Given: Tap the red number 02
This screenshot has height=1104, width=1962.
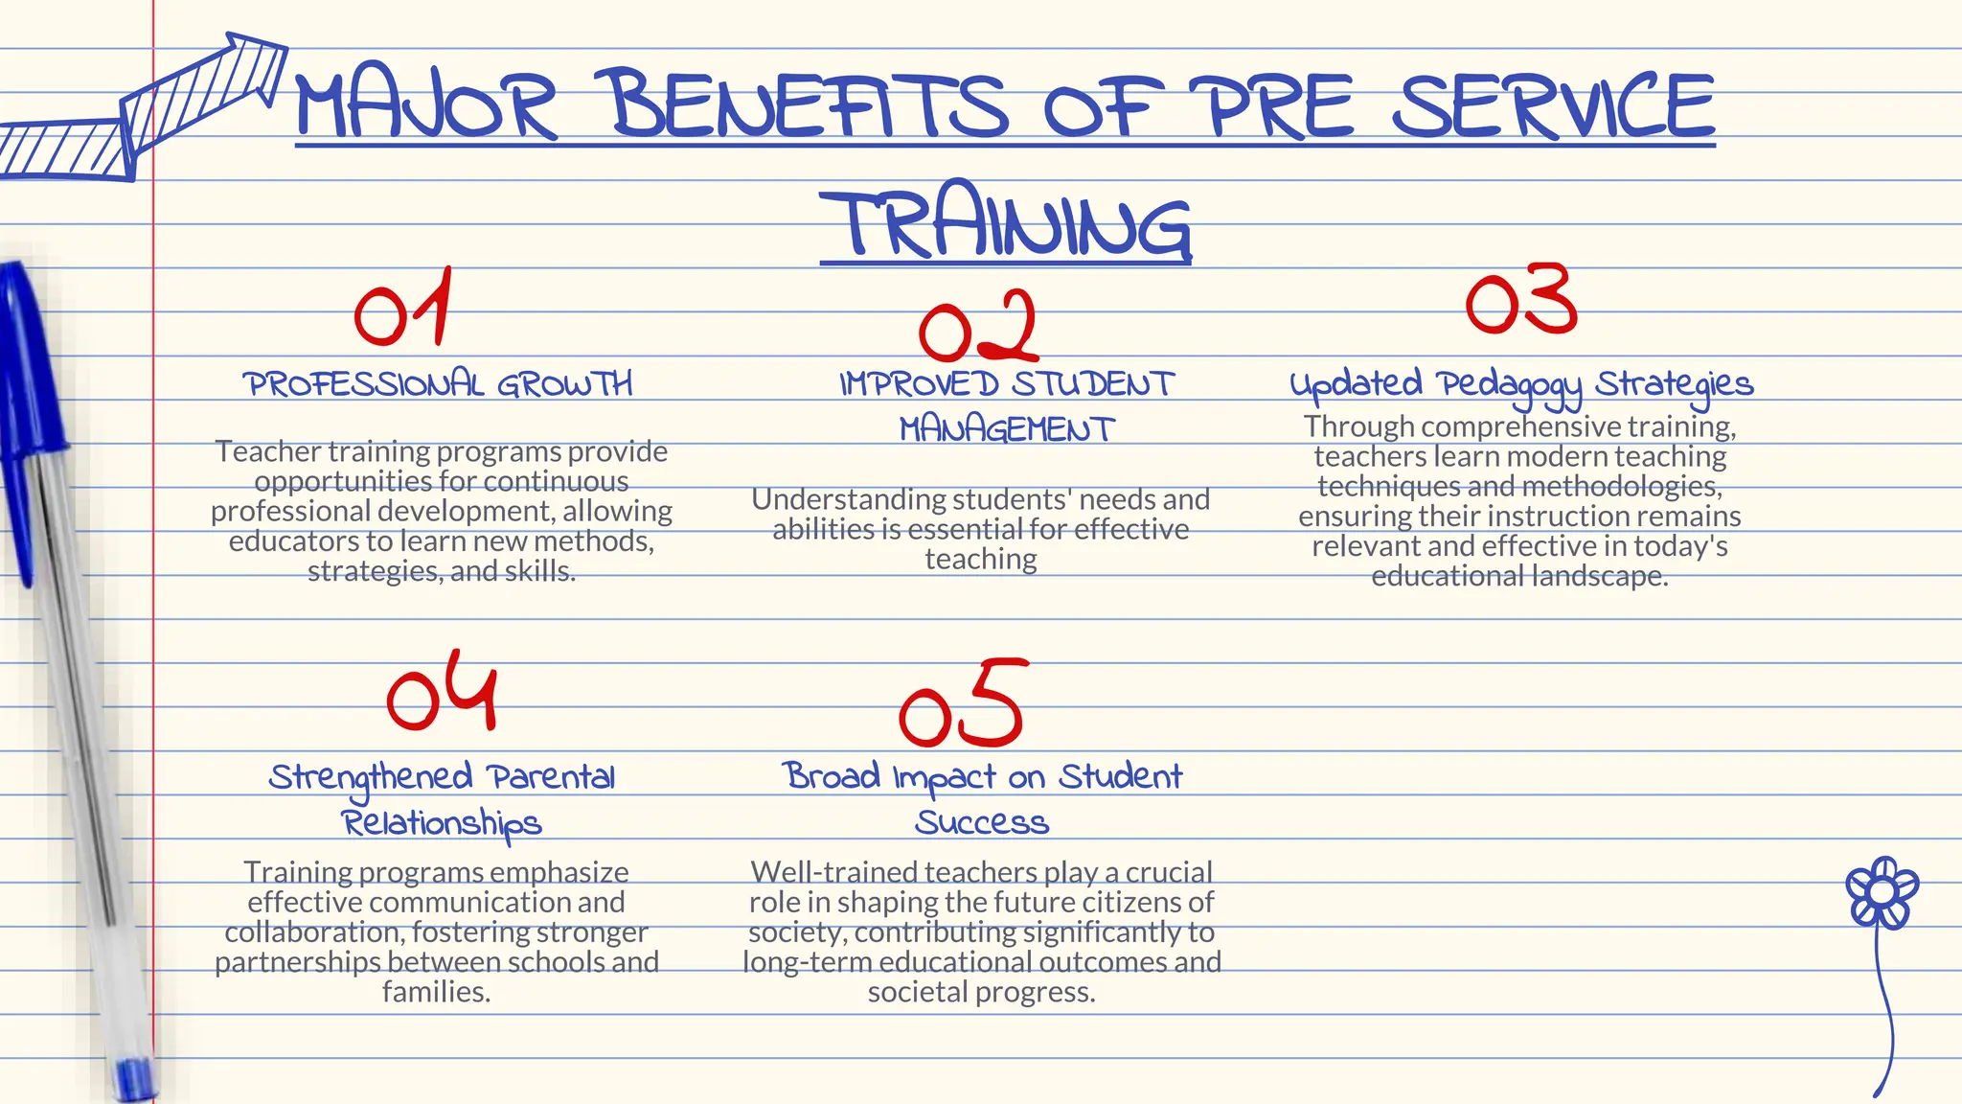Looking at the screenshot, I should pos(978,328).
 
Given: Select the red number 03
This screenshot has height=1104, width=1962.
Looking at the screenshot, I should pos(1521,300).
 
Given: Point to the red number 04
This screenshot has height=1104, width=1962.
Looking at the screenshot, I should pos(443,692).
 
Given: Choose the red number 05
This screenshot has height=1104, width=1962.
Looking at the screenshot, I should pos(963,704).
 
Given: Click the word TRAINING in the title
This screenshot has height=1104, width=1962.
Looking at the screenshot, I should pos(1006,222).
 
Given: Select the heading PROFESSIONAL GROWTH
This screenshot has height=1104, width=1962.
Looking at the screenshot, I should pos(438,384).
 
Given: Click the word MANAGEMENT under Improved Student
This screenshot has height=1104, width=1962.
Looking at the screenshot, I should pos(1007,429).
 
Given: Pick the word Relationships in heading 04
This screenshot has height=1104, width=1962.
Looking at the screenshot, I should pos(442,823).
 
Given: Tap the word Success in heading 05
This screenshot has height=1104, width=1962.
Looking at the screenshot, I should pos(982,822).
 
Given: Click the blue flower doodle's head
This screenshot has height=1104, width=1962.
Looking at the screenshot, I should pos(1882,892).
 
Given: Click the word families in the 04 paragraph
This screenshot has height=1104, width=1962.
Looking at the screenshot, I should pos(436,992).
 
